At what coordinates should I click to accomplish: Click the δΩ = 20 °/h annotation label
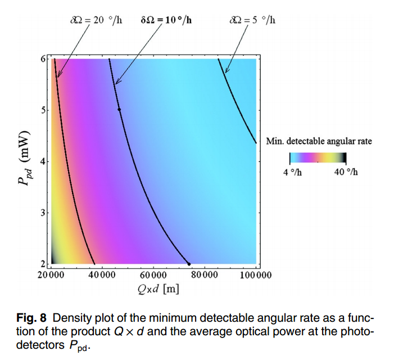coord(94,21)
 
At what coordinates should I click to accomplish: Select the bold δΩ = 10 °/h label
coord(166,21)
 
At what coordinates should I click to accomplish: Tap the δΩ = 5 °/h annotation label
coord(252,21)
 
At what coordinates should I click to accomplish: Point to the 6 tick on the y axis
coord(43,58)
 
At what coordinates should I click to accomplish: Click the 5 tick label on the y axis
coord(43,110)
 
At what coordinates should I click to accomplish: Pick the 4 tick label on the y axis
coord(43,161)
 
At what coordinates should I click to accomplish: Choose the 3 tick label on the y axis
coord(43,213)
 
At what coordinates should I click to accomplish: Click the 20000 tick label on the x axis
coord(51,275)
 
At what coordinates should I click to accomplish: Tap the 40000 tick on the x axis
coord(102,275)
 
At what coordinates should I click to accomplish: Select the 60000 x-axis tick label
coord(152,275)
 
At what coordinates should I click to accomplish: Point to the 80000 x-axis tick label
coord(203,275)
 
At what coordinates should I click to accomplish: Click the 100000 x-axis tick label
coord(256,275)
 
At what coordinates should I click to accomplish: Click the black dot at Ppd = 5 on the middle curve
coord(119,110)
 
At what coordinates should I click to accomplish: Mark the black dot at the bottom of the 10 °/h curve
coord(189,264)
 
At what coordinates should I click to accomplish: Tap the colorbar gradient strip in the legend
coord(318,158)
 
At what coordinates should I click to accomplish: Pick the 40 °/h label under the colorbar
coord(345,172)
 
